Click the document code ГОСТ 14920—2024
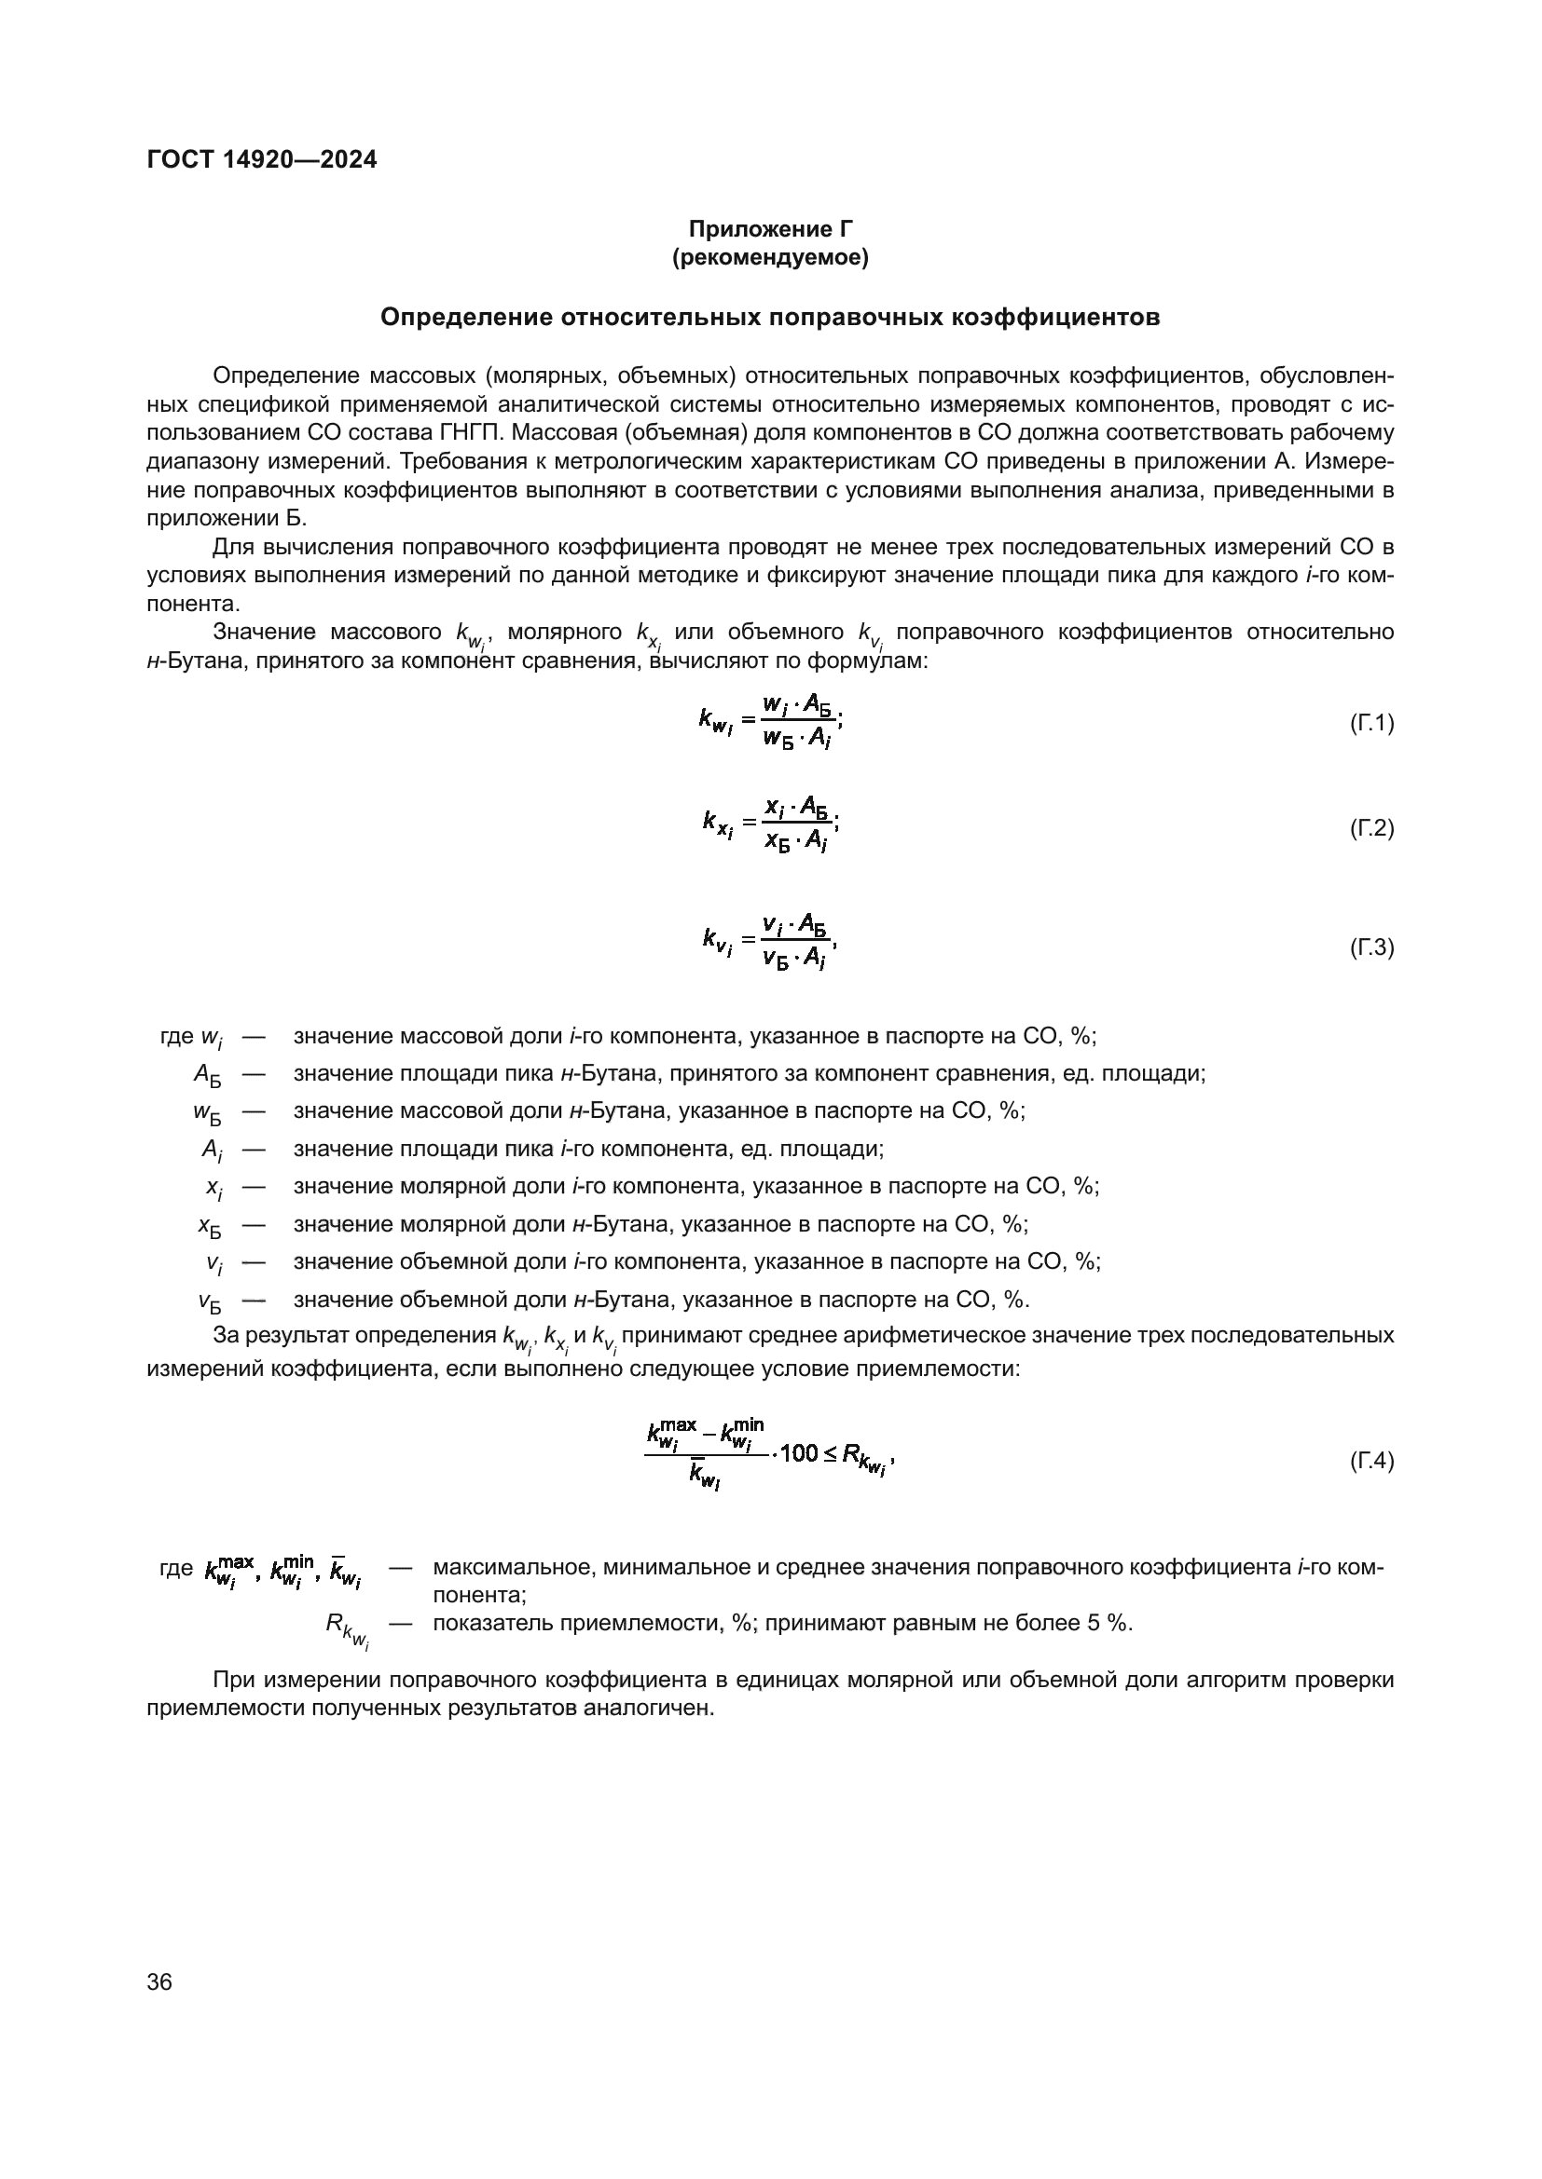coord(261,159)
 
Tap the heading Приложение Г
coord(770,229)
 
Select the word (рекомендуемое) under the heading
coord(770,257)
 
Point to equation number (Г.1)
coord(1371,724)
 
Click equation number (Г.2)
coord(1371,828)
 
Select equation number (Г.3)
coord(1371,947)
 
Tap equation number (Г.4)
coord(1371,1461)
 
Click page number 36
coord(159,1982)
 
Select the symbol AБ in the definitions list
coord(207,1075)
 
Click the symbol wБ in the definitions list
coord(206,1113)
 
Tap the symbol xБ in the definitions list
coord(209,1226)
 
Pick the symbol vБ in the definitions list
coord(209,1301)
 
